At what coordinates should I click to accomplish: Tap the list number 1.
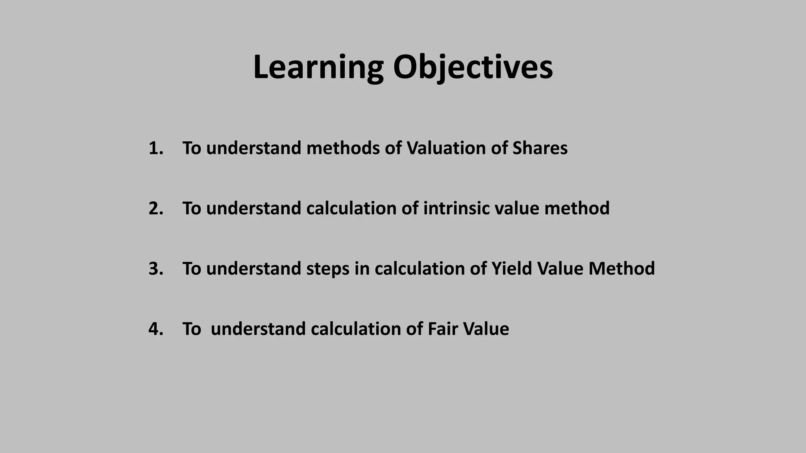(155, 148)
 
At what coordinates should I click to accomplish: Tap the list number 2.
(155, 208)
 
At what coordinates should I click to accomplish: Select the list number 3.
(155, 269)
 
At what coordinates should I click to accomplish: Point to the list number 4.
(155, 329)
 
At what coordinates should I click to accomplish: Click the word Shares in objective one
(540, 148)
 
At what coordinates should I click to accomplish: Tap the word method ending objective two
(577, 208)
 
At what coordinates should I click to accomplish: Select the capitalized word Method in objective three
(621, 269)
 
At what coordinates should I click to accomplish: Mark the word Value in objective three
(560, 269)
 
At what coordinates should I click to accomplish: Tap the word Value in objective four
(486, 329)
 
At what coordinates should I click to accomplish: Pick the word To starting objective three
(192, 269)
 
